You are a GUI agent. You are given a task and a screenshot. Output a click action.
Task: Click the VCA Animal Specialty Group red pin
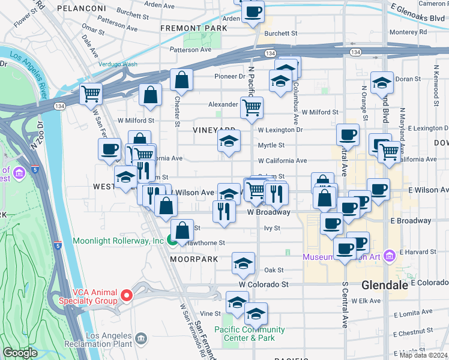tap(126, 295)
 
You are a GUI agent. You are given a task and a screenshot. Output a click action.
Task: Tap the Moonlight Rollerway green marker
tap(172, 241)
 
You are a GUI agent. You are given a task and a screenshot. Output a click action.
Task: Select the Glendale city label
tap(384, 286)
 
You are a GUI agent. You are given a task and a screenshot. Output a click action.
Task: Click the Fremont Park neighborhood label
tap(190, 28)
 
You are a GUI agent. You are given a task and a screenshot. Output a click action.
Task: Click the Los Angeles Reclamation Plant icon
tap(141, 340)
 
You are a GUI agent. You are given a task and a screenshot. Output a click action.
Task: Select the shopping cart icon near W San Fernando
tap(91, 93)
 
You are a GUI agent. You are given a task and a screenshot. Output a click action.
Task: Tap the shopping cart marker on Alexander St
tap(252, 107)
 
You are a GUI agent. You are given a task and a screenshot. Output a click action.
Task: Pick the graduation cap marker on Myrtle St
tap(229, 142)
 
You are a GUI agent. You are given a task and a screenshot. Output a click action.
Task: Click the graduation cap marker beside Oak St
tap(243, 263)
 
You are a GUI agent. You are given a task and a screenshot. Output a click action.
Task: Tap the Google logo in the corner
tap(20, 353)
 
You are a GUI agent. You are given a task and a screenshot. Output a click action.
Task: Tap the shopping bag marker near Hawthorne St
tap(182, 229)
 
